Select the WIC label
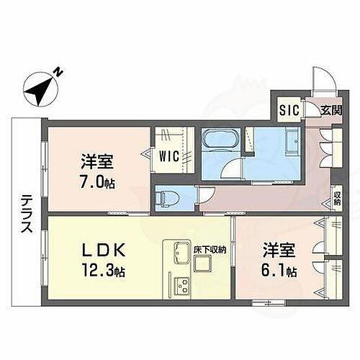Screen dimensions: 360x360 point(172,154)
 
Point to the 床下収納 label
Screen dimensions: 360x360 point(210,250)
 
